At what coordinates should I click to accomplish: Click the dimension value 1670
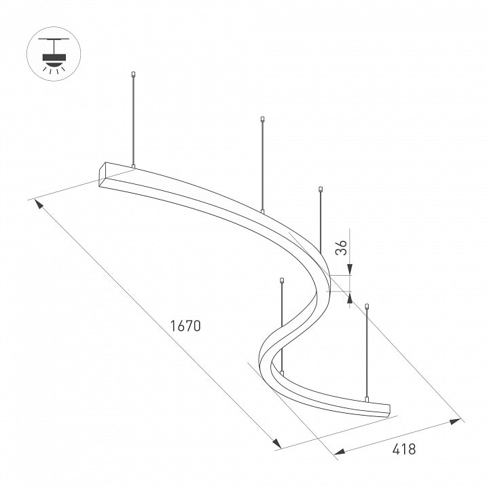pos(185,325)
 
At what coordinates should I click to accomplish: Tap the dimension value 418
pos(404,449)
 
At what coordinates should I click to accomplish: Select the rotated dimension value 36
pos(341,247)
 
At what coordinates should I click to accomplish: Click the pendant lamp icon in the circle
pos(54,54)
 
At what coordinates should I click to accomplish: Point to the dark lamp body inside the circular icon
pos(54,57)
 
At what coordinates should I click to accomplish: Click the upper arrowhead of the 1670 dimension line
pos(39,205)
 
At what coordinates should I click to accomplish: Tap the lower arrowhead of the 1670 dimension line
pos(276,443)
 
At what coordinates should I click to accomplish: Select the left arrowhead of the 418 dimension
pos(340,452)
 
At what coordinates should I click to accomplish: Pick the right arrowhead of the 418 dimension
pos(455,421)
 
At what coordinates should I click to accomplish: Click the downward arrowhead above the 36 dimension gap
pos(350,269)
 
